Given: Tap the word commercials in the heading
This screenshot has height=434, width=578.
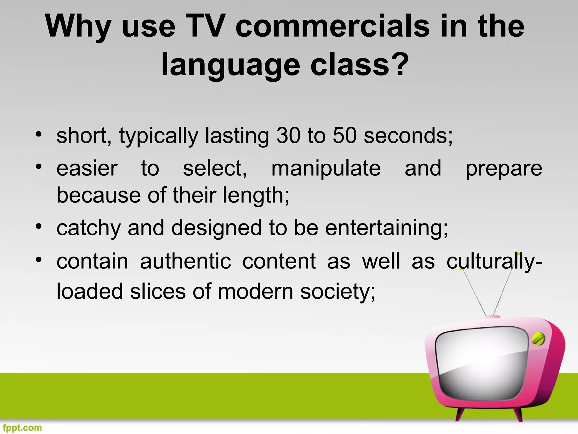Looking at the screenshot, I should click(332, 26).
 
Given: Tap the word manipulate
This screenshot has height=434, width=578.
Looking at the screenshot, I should click(326, 169).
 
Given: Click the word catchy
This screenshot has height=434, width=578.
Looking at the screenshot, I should click(89, 228).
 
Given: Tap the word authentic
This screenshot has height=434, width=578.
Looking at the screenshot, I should click(185, 261).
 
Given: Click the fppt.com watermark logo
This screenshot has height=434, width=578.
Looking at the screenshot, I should click(22, 428).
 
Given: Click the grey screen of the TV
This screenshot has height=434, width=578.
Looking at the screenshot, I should click(481, 364).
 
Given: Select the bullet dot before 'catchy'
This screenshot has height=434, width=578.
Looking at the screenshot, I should click(39, 226).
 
